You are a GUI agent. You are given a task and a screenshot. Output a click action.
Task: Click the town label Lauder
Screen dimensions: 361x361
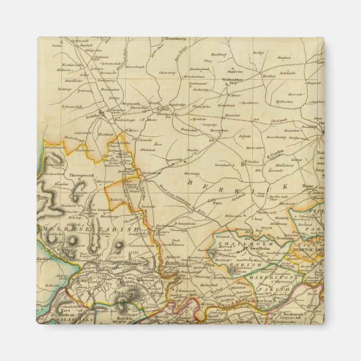pos(91,117)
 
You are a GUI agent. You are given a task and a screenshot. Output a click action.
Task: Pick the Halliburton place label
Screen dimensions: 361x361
pos(284,101)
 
